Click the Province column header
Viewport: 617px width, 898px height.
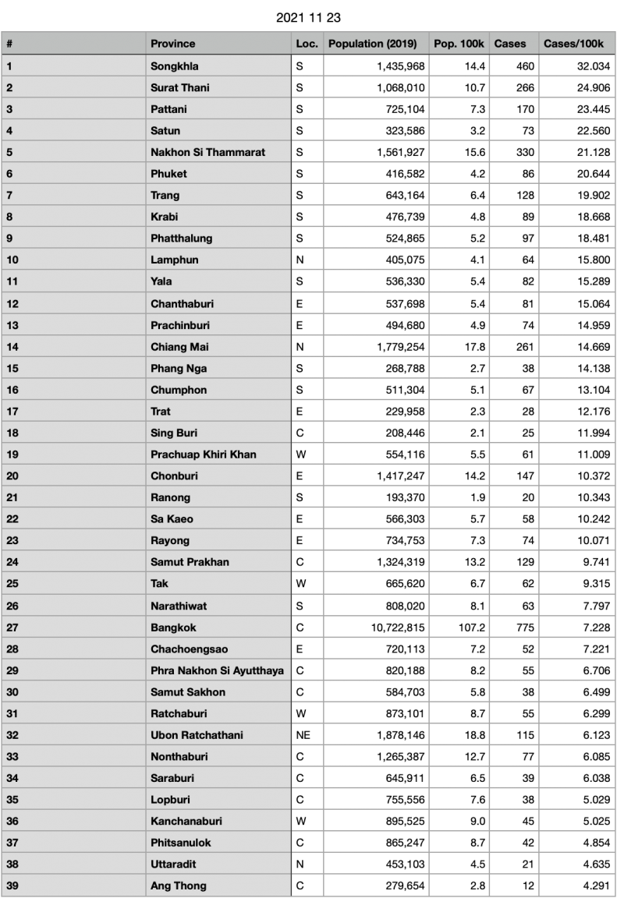click(x=173, y=44)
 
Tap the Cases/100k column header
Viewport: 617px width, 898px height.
click(x=573, y=44)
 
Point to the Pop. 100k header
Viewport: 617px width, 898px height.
click(x=459, y=44)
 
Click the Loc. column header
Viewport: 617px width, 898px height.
click(x=307, y=44)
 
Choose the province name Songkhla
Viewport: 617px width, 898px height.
click(x=174, y=66)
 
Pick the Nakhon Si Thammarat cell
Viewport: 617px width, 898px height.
click(x=207, y=152)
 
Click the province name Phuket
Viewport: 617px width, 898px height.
click(x=168, y=174)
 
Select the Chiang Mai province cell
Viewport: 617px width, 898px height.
click(x=179, y=347)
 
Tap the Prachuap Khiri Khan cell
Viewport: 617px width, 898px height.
click(x=203, y=454)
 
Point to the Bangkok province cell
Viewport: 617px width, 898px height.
click(x=173, y=628)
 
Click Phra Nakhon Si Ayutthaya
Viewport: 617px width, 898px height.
click(x=217, y=670)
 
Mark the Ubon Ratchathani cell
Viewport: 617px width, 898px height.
click(x=197, y=735)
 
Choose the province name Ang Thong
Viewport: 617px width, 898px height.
click(x=179, y=886)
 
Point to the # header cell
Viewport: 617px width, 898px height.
click(x=9, y=44)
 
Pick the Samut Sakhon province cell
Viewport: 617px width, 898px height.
click(x=188, y=692)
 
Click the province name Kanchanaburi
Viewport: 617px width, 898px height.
click(x=186, y=821)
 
